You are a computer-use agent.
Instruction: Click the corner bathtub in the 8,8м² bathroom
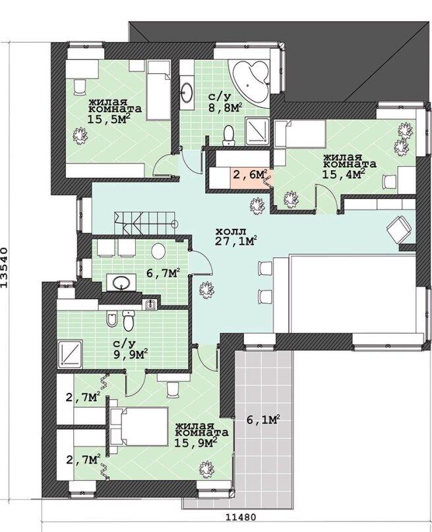[x=251, y=80]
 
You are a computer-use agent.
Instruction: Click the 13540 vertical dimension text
[x=5, y=268]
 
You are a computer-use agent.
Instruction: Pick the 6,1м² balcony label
[x=263, y=419]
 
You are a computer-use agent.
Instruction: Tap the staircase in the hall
[x=146, y=223]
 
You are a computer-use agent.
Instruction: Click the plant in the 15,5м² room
[x=79, y=136]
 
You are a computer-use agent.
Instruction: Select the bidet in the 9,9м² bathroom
[x=111, y=319]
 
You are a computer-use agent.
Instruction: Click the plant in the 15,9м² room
[x=206, y=469]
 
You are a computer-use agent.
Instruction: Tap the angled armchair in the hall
[x=400, y=229]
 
